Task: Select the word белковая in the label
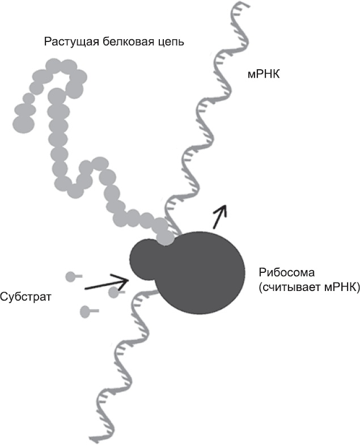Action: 128,42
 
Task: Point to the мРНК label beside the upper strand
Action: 264,74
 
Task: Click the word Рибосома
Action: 286,272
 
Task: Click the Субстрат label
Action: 26,297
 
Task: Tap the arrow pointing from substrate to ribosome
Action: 107,283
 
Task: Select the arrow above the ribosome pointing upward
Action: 220,216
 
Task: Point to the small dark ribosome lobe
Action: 142,259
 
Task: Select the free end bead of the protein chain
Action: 24,124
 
